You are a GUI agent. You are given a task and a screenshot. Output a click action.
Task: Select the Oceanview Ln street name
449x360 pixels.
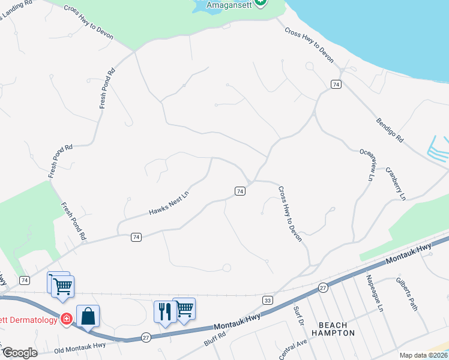[367, 165]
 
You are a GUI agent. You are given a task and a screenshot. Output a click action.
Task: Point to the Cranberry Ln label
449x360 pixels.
[396, 183]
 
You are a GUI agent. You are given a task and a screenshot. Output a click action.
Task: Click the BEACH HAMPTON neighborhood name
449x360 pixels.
[333, 328]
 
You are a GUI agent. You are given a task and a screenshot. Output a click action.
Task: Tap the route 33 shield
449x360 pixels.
[268, 299]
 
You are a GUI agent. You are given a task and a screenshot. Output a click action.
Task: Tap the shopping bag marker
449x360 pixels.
[88, 316]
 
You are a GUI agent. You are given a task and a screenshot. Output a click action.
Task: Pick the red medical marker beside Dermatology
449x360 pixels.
[67, 319]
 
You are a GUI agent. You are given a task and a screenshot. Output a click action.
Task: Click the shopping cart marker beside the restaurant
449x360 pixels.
[184, 308]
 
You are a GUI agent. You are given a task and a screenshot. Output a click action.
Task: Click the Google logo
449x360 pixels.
[20, 353]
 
